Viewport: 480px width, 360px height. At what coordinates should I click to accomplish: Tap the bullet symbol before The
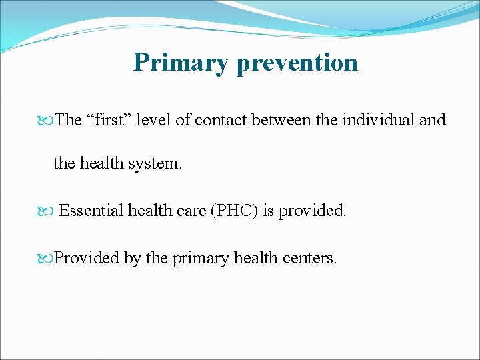coord(47,121)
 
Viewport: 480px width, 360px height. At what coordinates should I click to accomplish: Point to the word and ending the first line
coord(433,120)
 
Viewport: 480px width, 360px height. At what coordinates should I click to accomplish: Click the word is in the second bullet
coord(268,211)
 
